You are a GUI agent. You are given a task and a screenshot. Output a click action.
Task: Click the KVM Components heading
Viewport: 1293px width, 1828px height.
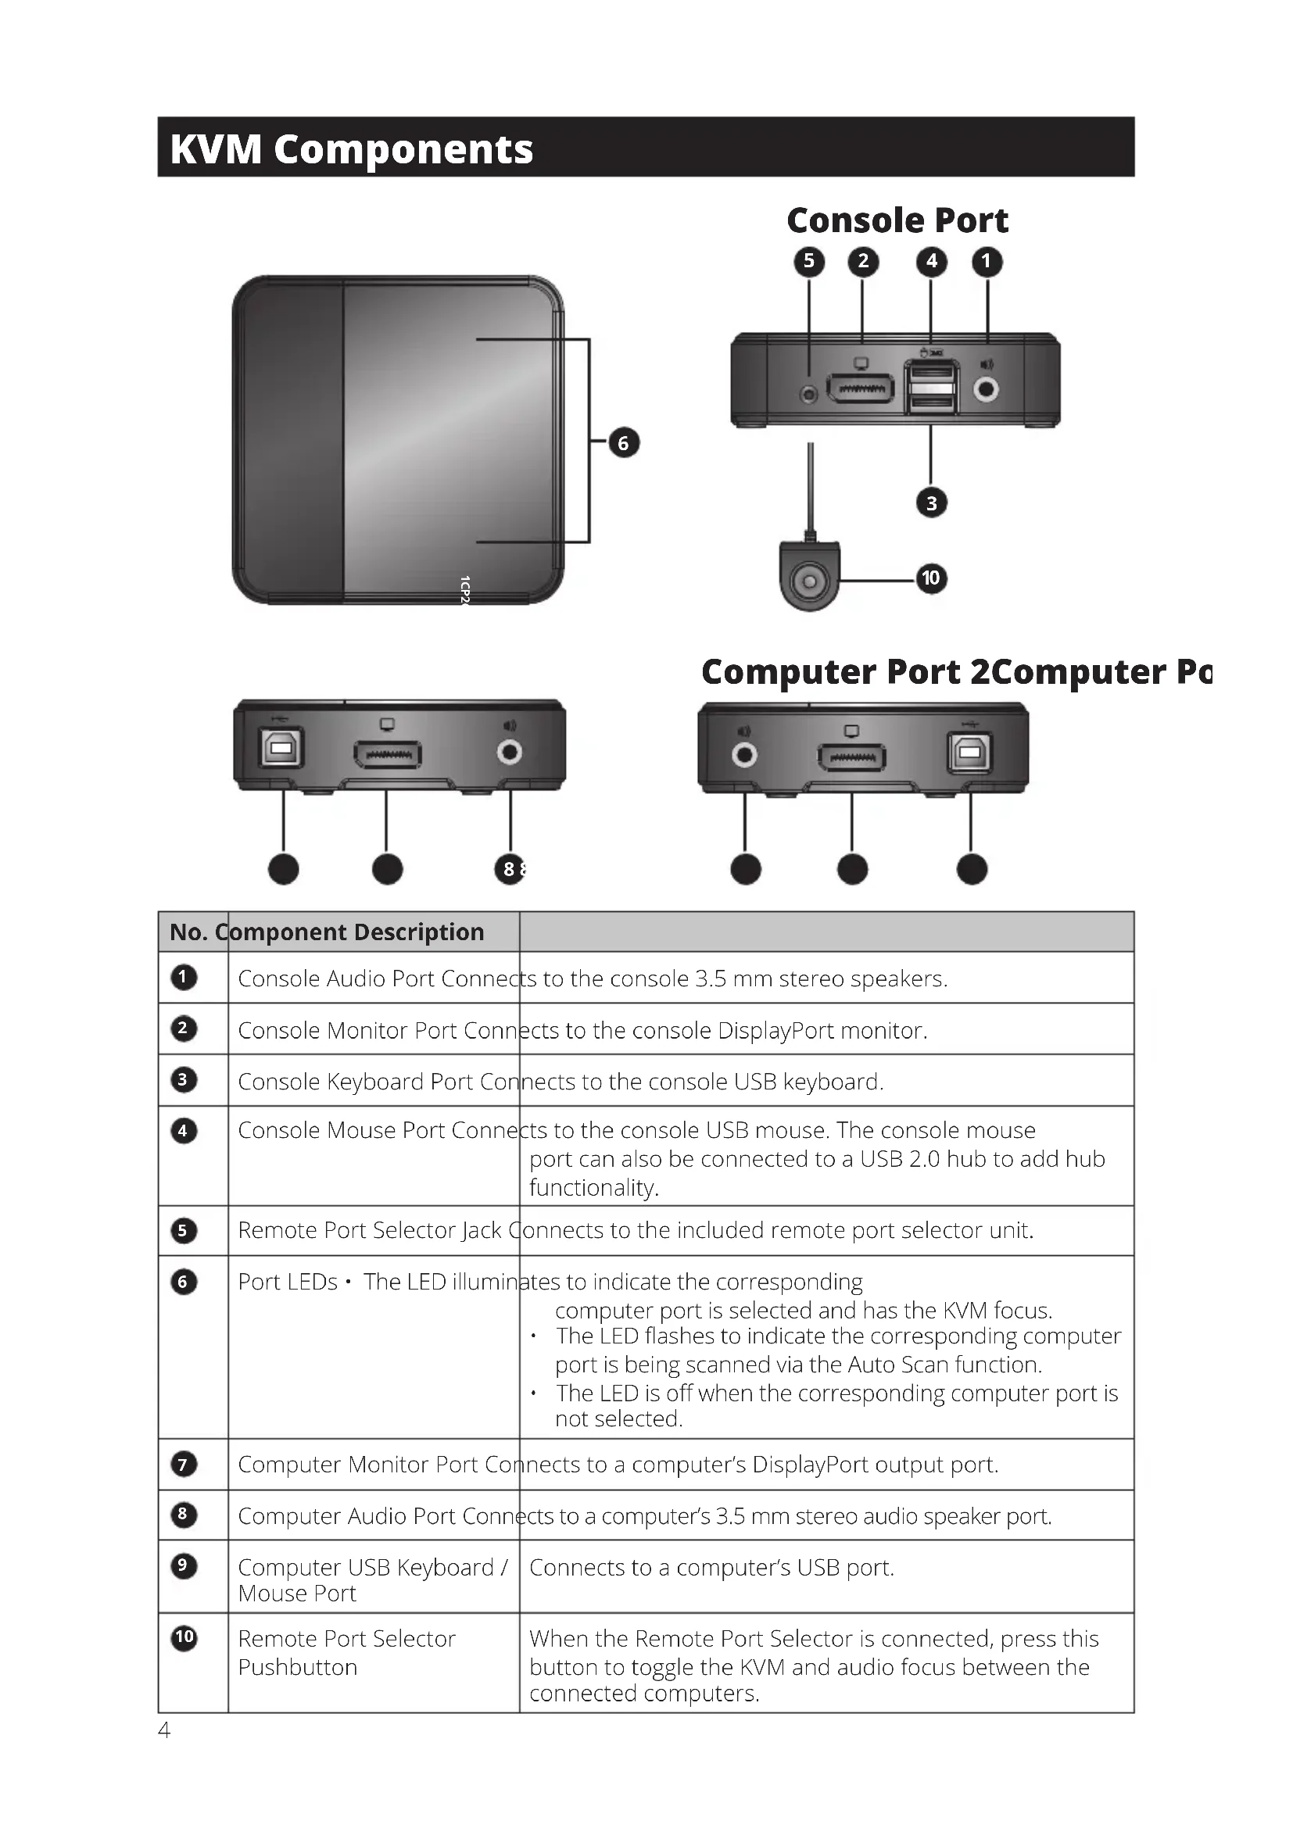point(351,149)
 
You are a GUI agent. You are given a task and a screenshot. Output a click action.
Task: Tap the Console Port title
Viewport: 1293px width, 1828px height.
point(897,220)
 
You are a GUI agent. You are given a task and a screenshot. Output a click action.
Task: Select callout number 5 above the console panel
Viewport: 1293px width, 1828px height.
point(809,261)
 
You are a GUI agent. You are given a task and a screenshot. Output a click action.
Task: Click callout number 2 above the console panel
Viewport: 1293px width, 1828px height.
point(863,261)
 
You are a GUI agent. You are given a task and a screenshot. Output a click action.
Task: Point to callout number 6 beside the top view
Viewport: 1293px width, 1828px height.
point(623,442)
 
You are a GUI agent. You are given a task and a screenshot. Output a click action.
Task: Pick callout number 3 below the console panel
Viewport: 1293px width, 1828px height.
point(932,503)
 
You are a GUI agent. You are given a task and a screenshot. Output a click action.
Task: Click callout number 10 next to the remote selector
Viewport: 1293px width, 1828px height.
point(931,578)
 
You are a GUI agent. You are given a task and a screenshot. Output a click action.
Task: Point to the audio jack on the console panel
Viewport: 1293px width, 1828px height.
point(987,389)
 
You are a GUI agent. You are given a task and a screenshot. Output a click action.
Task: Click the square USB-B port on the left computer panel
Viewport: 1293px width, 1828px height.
point(281,748)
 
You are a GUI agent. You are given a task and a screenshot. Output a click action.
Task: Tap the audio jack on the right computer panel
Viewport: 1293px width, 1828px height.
point(744,754)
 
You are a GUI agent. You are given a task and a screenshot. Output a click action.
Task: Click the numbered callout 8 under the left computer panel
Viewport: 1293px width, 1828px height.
point(510,868)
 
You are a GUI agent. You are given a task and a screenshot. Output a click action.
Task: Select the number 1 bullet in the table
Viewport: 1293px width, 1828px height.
point(183,977)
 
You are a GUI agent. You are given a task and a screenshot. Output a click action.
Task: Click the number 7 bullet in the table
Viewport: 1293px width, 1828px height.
point(183,1464)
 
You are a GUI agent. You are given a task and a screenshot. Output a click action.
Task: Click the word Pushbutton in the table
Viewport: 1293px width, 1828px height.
point(298,1667)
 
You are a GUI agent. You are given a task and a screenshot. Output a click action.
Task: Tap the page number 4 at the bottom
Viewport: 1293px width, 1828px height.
point(164,1730)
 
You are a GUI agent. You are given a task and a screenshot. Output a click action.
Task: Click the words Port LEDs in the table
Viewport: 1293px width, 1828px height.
point(288,1282)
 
